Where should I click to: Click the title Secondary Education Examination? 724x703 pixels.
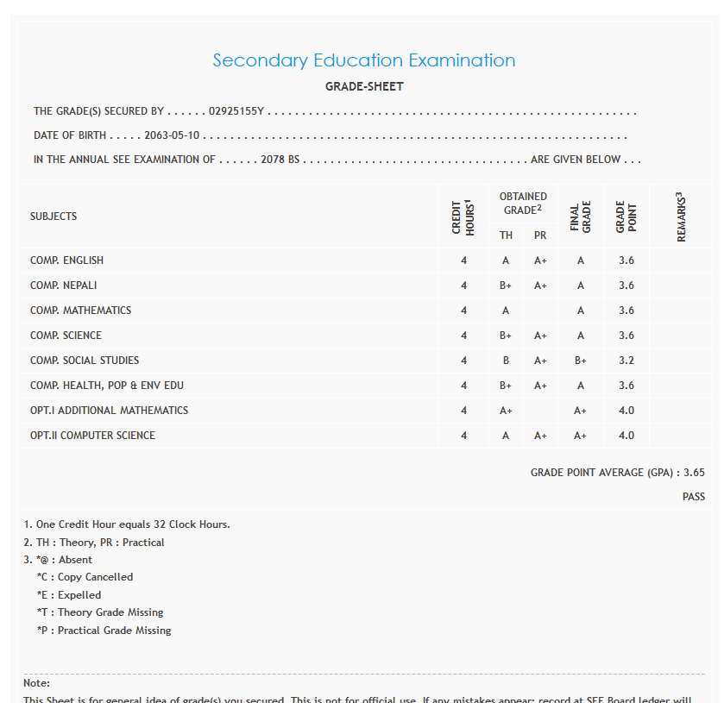(363, 60)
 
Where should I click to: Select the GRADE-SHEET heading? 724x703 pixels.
(364, 86)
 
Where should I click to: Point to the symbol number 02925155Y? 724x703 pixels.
(236, 111)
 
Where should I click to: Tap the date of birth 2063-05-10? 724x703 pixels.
(172, 135)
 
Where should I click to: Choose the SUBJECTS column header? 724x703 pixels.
(54, 217)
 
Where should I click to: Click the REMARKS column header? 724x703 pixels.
(681, 217)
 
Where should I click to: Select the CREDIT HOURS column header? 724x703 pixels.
(463, 217)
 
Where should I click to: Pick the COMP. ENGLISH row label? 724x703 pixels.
(66, 260)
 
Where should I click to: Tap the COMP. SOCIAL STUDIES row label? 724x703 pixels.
(85, 361)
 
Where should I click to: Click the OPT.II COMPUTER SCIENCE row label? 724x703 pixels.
(92, 436)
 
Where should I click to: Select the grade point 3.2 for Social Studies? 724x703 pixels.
(626, 361)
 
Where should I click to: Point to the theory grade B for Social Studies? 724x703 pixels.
(506, 361)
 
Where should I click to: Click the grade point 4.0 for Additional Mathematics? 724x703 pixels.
(626, 411)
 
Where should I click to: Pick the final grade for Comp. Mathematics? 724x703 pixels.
(581, 311)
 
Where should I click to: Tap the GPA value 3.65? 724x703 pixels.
(694, 473)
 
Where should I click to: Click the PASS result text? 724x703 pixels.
(694, 497)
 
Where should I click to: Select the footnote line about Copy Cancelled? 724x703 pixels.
(85, 577)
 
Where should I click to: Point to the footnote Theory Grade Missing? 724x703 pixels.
(99, 612)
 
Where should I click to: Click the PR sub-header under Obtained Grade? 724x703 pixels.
(540, 235)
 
